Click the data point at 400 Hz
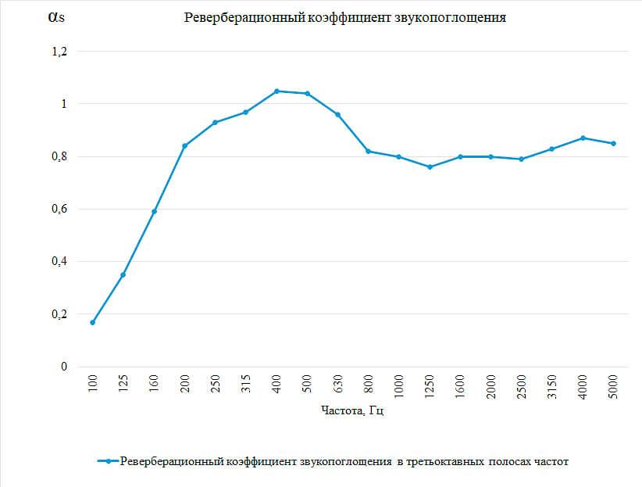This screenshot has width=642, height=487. point(276,91)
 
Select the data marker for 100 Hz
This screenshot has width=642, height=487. point(93,322)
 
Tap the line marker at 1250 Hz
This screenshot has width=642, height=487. point(430,167)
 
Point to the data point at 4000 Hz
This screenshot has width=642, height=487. point(583,138)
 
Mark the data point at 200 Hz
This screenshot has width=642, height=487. point(184,145)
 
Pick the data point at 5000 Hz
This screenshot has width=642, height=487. point(613,143)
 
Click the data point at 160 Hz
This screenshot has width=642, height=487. point(154,211)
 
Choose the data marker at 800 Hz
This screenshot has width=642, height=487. point(369,151)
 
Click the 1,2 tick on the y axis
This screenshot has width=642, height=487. point(59,52)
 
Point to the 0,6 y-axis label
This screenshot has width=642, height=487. point(59,209)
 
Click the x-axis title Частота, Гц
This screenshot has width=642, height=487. point(352,411)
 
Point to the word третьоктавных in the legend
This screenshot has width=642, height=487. point(444,461)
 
